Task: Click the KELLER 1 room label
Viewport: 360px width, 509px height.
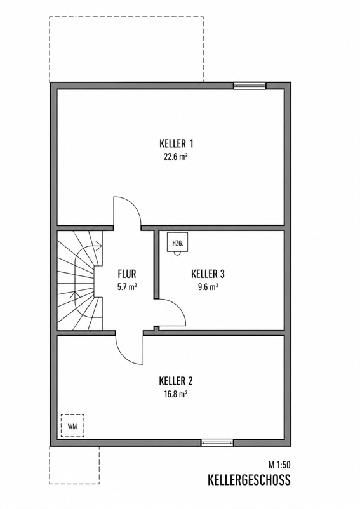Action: coord(177,143)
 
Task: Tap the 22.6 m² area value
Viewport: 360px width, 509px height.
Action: coord(177,157)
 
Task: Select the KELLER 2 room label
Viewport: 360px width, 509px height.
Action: coord(176,380)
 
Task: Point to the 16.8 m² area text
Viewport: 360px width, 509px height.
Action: coord(176,394)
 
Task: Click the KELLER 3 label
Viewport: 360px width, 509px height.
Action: coord(208,274)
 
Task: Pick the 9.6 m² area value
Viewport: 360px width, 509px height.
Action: coord(208,287)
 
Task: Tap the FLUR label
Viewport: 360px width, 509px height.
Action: coord(127,274)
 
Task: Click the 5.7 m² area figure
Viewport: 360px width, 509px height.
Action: coord(127,287)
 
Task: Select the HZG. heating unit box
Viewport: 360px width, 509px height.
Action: coord(177,242)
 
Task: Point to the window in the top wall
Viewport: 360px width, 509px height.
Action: coord(250,86)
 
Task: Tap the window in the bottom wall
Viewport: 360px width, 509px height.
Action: coord(217,442)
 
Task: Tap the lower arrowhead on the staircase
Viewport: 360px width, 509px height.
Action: coord(77,294)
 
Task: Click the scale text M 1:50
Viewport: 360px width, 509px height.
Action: coord(279,465)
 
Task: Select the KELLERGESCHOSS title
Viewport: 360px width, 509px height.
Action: coord(250,480)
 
